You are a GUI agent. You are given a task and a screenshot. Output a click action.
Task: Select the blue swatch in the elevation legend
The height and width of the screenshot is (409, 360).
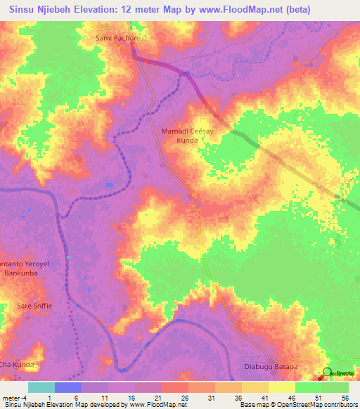(x=68, y=387)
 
